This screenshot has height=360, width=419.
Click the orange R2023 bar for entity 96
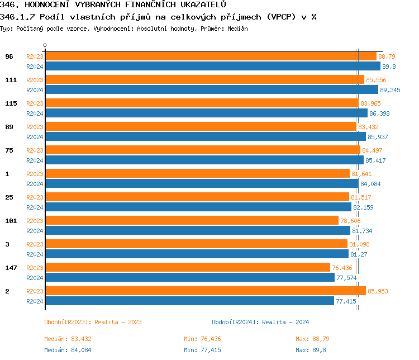[x=211, y=56]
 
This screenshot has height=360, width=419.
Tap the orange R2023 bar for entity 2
[x=205, y=291]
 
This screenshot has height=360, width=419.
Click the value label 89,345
[x=391, y=90]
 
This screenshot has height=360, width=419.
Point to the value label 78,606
[x=351, y=221]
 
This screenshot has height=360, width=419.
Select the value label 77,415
[x=346, y=301]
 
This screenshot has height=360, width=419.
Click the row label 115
[x=11, y=103]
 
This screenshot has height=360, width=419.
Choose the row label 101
[x=11, y=221]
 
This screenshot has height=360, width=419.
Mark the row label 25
[x=9, y=197]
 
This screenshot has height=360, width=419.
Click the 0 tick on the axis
[x=45, y=45]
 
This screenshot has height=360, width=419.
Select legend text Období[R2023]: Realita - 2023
[x=93, y=322]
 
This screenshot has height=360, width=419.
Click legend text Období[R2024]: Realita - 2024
[x=260, y=322]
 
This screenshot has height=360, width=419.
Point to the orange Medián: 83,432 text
[x=68, y=339]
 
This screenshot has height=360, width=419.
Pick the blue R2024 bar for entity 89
[x=205, y=136]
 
